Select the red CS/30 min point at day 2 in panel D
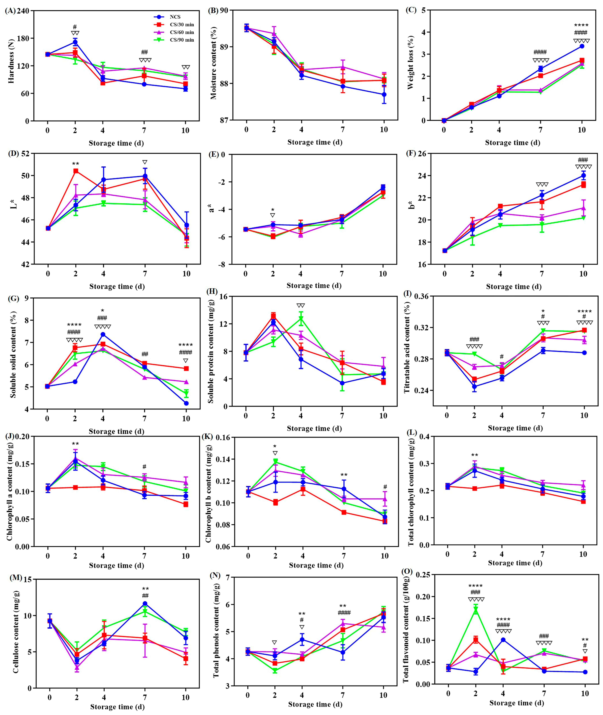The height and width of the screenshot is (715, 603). (x=76, y=171)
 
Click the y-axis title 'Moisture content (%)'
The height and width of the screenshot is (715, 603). (x=214, y=65)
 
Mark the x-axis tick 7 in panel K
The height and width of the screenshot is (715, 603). (x=344, y=556)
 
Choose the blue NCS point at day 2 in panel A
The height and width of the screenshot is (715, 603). (x=75, y=42)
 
